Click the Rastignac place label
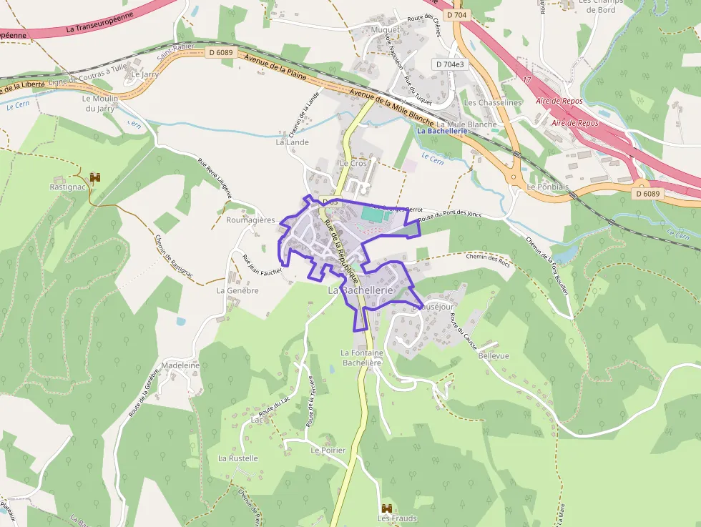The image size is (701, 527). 68,187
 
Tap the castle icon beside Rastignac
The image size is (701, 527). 95,177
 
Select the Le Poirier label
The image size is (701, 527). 328,450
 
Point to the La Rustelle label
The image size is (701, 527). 237,458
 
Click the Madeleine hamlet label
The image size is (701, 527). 181,365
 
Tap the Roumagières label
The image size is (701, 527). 250,220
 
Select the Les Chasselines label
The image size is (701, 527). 494,102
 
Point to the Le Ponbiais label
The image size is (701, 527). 548,187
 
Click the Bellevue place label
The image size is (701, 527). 494,355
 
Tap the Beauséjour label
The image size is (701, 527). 434,307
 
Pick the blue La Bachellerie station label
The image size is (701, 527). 441,131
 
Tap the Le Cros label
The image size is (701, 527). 353,163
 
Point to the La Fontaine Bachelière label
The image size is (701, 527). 362,358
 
